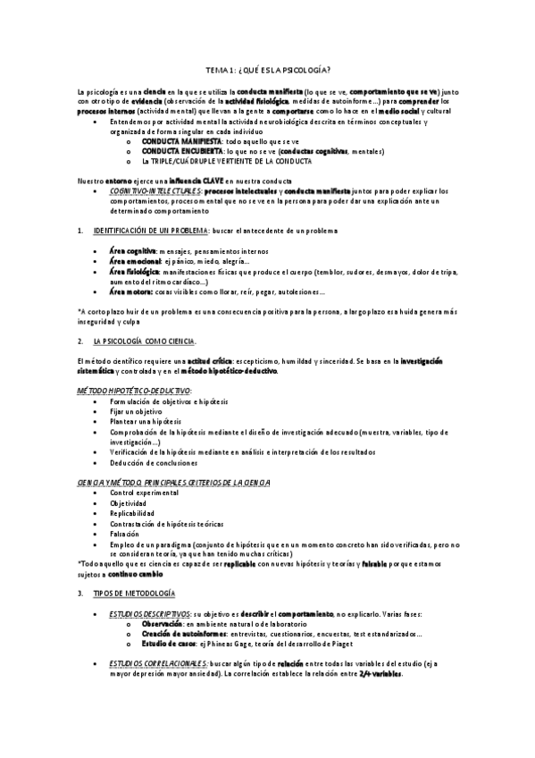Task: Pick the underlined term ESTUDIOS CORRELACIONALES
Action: pos(156,663)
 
